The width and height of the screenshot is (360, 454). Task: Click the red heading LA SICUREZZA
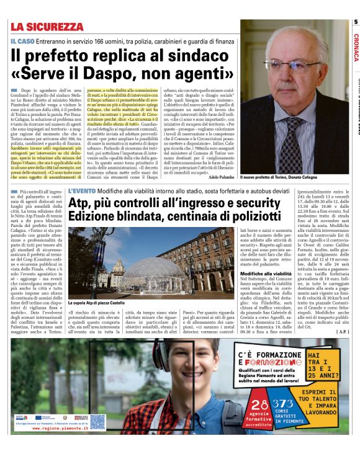tap(47, 27)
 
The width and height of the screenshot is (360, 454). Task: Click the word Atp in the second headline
tap(80, 202)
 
